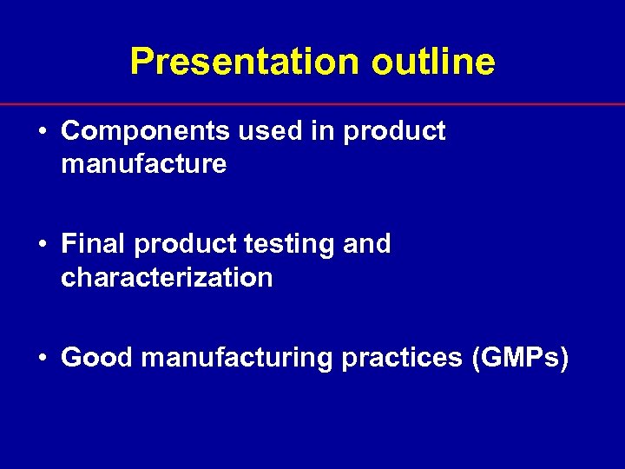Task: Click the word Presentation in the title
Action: click(x=244, y=62)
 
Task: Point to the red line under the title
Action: click(x=312, y=104)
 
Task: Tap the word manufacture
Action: click(x=144, y=163)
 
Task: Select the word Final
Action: click(x=94, y=245)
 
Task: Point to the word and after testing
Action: click(x=367, y=245)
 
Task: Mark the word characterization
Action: click(x=167, y=278)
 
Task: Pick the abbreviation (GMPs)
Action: click(x=520, y=359)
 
